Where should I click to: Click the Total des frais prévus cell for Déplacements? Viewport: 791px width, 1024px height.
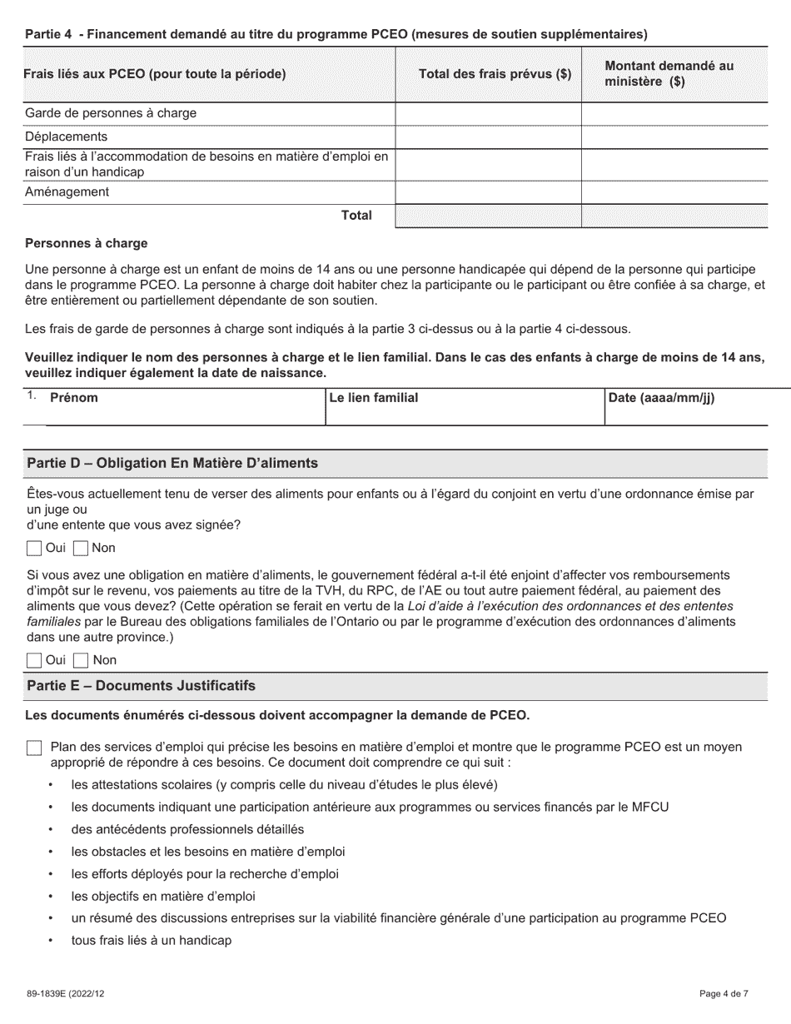488,137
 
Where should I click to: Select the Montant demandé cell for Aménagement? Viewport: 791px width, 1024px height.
674,192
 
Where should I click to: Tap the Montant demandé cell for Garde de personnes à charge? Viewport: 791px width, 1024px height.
674,113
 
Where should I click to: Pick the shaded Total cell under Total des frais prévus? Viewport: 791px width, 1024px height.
488,216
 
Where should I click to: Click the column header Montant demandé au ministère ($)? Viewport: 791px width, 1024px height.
669,74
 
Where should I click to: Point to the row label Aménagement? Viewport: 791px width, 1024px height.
67,192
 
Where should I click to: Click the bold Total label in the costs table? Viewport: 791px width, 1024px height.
356,216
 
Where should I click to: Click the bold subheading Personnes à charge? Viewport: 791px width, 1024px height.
87,244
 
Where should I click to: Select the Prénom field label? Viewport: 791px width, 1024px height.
74,398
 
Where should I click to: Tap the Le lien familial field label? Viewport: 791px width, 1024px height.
374,398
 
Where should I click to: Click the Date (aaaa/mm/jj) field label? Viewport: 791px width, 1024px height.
662,398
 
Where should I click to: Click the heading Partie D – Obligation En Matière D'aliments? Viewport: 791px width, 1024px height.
172,463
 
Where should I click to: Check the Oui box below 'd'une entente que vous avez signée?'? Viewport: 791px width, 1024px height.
33,548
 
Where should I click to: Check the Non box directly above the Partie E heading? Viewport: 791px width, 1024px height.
81,660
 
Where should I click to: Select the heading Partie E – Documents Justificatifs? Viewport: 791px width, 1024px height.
142,686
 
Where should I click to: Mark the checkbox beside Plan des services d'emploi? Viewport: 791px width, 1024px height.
33,748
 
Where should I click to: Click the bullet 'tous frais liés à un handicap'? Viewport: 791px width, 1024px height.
151,941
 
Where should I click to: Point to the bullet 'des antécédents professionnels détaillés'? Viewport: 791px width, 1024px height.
187,829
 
